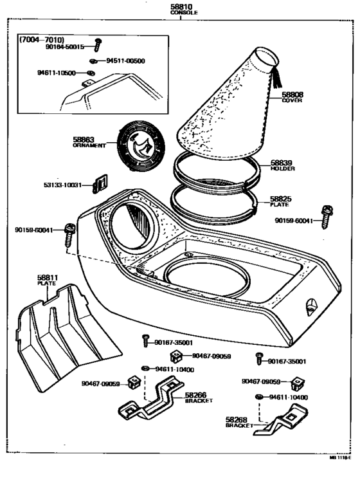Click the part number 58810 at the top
180,6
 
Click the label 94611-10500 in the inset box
57,73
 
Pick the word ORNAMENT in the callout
89,145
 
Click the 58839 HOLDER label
281,166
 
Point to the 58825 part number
281,199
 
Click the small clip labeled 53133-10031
99,186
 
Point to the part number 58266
195,396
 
